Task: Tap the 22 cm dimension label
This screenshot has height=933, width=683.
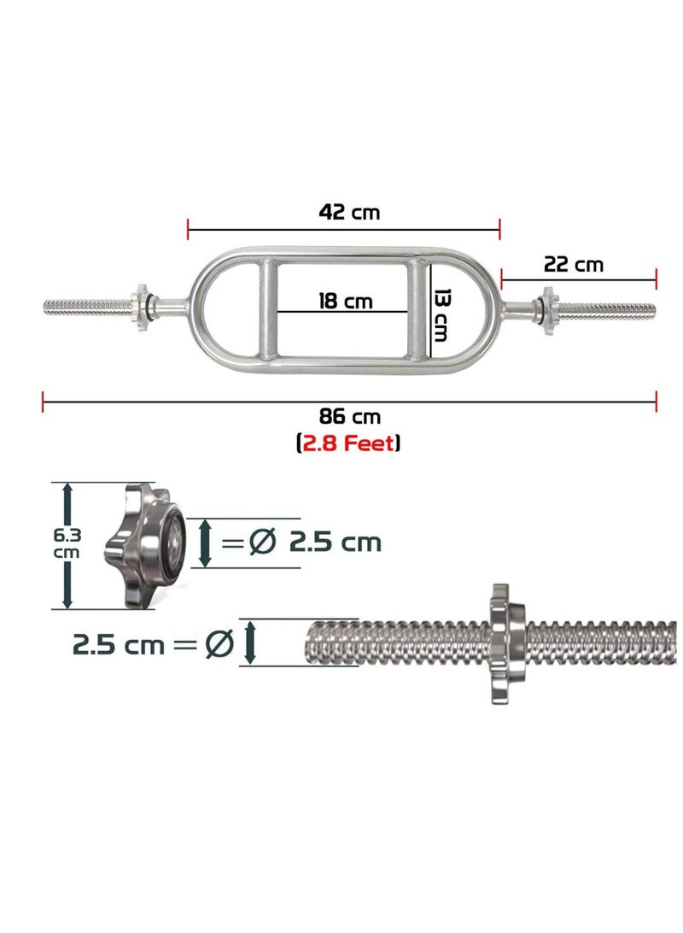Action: pos(574,264)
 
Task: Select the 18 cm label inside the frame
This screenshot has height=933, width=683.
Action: pos(346,301)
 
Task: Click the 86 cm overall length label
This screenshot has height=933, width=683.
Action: pos(350,417)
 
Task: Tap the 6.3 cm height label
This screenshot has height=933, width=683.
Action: pos(65,544)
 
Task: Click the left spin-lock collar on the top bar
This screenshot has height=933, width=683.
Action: pos(139,306)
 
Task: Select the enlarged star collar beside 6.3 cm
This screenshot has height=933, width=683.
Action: pos(145,545)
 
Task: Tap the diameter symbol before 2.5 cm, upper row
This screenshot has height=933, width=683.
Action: pos(262,542)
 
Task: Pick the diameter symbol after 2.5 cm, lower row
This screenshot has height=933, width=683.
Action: pos(219,643)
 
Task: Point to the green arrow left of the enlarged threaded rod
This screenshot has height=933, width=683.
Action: pos(249,643)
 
